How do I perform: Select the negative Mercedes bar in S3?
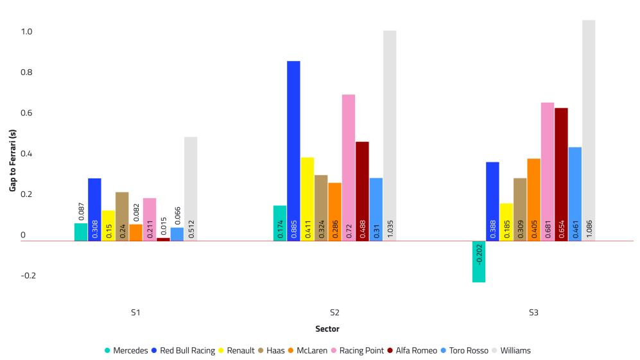tap(478, 261)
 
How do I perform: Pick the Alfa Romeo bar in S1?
tap(163, 239)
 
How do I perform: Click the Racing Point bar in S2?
tap(349, 167)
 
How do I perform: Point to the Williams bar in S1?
tap(191, 189)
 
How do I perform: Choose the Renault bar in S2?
tap(307, 199)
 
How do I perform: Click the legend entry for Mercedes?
tap(126, 350)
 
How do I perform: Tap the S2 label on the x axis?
tap(334, 313)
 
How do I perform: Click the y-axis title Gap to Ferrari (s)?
tap(12, 160)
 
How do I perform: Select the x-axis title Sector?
tap(327, 329)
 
